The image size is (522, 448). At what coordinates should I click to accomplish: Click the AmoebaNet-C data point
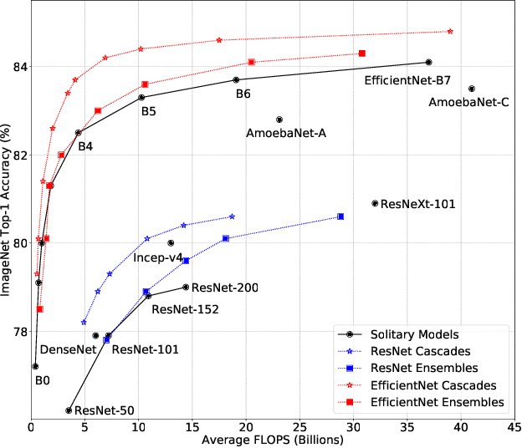(472, 89)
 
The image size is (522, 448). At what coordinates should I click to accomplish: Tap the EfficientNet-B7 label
(407, 80)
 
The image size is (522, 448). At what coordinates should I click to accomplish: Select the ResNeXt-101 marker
(375, 203)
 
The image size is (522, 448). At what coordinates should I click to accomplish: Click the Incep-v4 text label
(157, 257)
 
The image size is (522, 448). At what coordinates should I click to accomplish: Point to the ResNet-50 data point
(69, 410)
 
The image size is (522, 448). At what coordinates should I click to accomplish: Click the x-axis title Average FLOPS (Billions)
(273, 440)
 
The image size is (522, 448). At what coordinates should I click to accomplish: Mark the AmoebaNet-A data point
(279, 120)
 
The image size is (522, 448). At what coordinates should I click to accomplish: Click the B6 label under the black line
(243, 94)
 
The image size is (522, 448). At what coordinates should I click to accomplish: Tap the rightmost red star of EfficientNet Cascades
(450, 31)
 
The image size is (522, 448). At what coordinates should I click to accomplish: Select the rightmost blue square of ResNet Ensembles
(340, 216)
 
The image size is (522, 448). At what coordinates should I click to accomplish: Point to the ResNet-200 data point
(186, 288)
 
